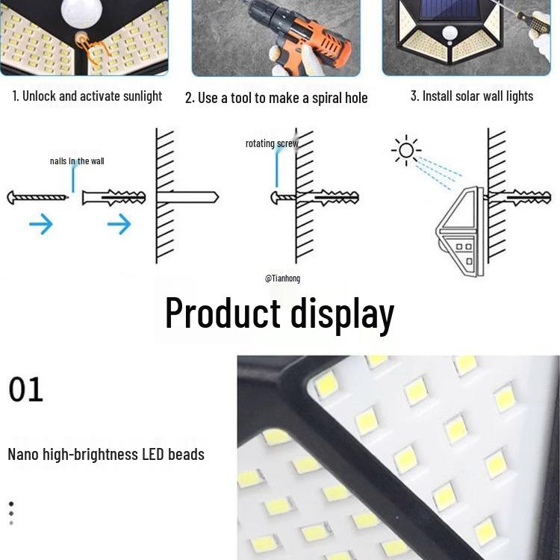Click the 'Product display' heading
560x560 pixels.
tap(279, 313)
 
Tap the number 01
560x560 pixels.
tap(26, 390)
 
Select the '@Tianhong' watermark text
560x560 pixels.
tap(282, 278)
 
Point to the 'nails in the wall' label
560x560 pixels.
tap(76, 161)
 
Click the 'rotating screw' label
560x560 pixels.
tap(271, 143)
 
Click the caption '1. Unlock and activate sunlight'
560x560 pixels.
tap(87, 96)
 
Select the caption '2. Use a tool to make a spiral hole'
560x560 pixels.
tap(276, 98)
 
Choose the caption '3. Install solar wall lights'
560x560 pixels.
tap(472, 96)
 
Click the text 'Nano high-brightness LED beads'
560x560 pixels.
tap(106, 454)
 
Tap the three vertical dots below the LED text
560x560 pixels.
tap(11, 514)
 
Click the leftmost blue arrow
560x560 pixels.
tap(40, 223)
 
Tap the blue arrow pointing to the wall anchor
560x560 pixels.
tap(119, 223)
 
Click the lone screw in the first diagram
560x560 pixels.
tap(37, 198)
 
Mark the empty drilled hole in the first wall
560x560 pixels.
tap(187, 198)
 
